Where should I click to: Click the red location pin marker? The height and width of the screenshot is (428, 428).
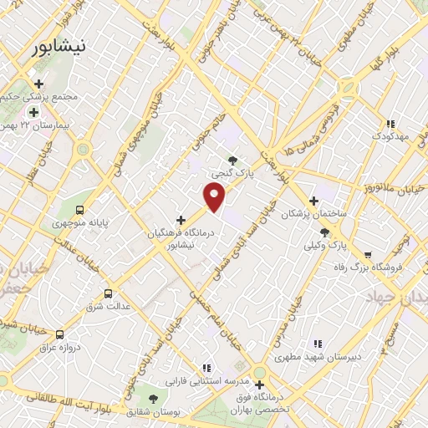(x=215, y=196)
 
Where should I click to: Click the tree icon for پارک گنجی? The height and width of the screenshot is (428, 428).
(x=232, y=160)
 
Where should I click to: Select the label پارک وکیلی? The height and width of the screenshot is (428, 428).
(x=324, y=246)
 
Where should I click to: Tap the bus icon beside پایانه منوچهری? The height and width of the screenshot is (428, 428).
(x=79, y=210)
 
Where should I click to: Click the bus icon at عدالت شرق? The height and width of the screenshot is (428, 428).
(x=108, y=293)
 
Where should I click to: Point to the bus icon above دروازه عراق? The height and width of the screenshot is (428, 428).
(x=59, y=334)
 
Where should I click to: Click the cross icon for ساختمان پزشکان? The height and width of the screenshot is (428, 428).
(x=313, y=201)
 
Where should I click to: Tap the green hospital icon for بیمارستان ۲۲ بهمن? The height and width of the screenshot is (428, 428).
(x=33, y=113)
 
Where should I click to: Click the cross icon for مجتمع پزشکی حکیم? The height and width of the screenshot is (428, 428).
(x=38, y=84)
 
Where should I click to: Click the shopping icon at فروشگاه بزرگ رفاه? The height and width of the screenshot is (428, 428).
(x=366, y=256)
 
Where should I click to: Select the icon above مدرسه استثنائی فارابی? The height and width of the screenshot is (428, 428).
(x=206, y=368)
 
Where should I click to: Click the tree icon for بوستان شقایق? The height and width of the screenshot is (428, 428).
(x=152, y=398)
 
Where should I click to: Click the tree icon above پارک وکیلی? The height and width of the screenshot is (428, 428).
(x=324, y=232)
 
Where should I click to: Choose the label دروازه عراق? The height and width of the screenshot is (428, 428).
(x=61, y=347)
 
